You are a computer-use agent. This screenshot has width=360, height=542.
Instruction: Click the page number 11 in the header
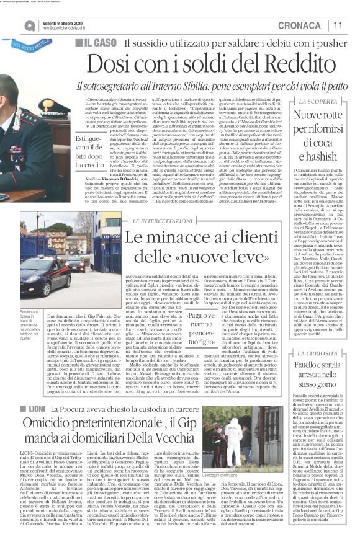point(338,24)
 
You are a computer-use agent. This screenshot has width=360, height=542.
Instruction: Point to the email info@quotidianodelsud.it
point(72,28)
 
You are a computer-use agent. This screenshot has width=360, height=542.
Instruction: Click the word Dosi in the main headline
point(107,63)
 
